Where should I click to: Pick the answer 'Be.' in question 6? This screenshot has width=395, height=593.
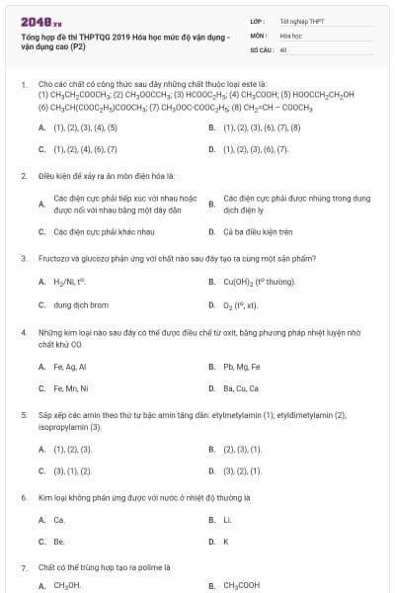click(x=59, y=542)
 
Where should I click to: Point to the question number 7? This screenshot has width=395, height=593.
click(x=24, y=568)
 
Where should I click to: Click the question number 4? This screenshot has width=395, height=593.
click(x=24, y=333)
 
